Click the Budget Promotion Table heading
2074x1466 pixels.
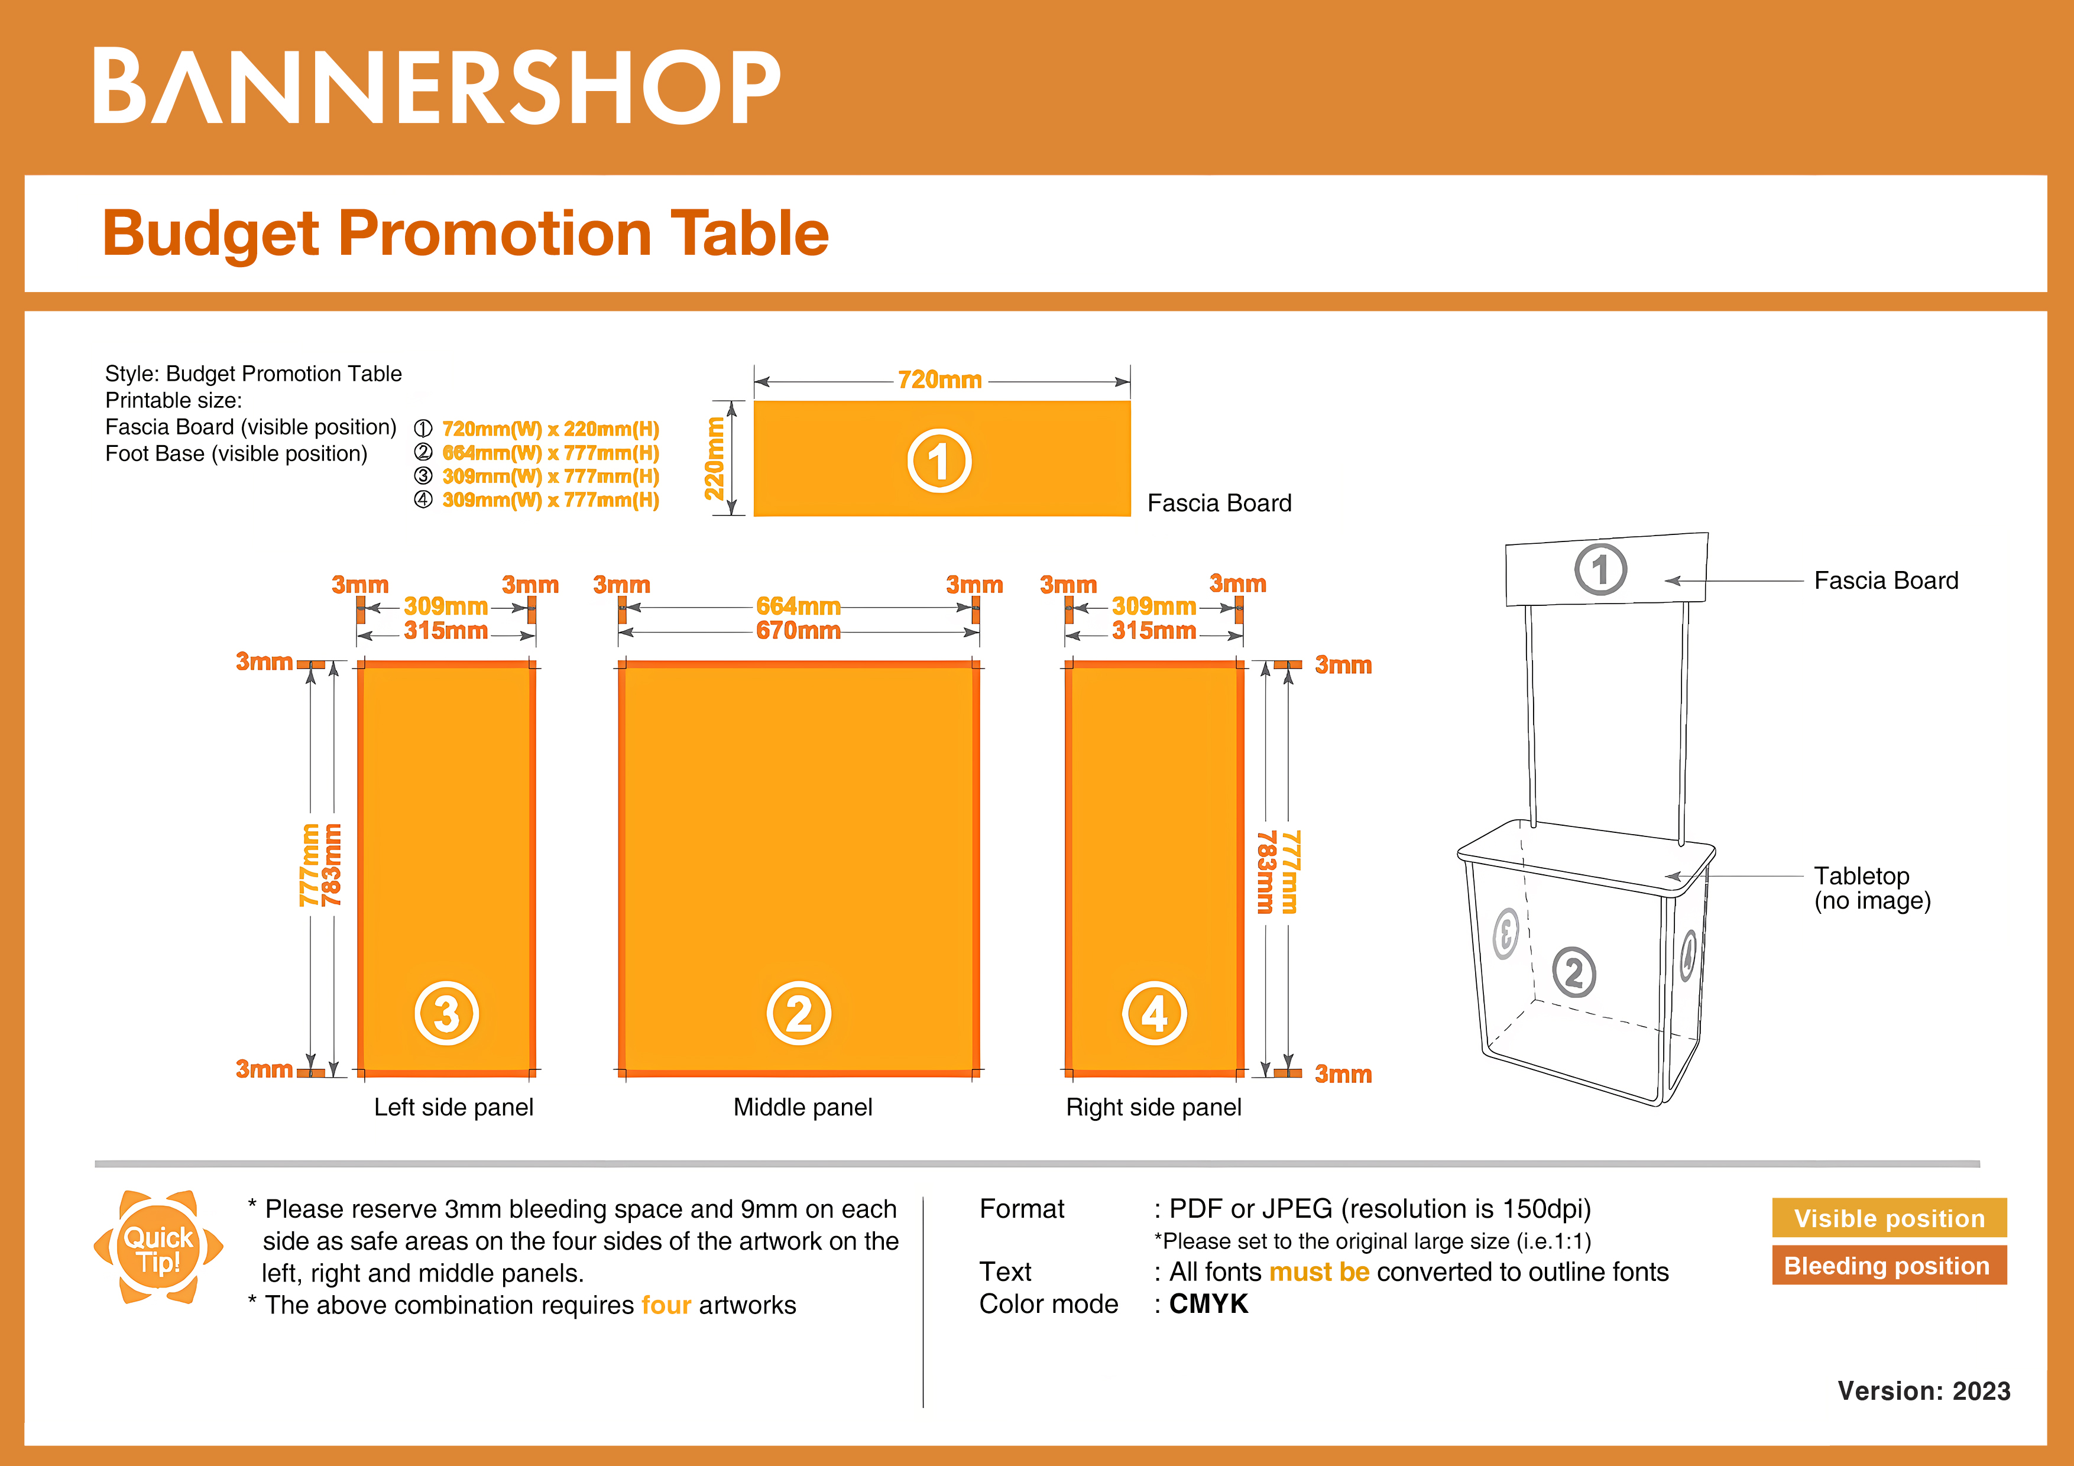coord(465,233)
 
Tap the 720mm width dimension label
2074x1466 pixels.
coord(939,380)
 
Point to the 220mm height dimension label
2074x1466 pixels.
coord(715,458)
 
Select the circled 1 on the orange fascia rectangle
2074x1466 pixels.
coord(939,460)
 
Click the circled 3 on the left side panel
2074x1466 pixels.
coord(446,1013)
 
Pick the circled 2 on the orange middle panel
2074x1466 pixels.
coord(799,1013)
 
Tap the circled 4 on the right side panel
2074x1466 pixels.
coord(1155,1013)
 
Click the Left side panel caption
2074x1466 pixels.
coord(453,1107)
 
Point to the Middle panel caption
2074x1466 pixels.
coord(802,1107)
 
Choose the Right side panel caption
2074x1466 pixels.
coord(1153,1107)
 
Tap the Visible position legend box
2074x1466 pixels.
coord(1889,1218)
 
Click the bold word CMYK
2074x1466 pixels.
coord(1208,1303)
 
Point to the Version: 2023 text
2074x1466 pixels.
coord(1923,1391)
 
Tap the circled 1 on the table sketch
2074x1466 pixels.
coord(1600,570)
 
